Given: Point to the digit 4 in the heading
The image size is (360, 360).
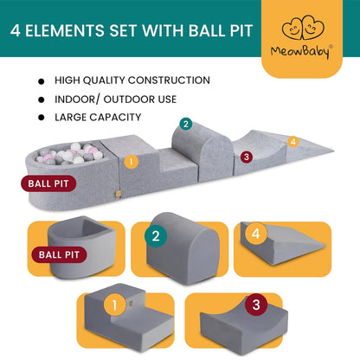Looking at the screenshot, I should (x=19, y=32).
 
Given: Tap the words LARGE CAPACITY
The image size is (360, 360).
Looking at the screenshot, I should (x=100, y=116).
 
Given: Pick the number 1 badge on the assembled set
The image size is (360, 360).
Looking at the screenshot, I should (x=131, y=161).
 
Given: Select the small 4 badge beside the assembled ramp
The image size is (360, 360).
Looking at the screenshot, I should (x=292, y=141).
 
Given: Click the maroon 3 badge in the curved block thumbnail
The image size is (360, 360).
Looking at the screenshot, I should (x=256, y=305).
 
